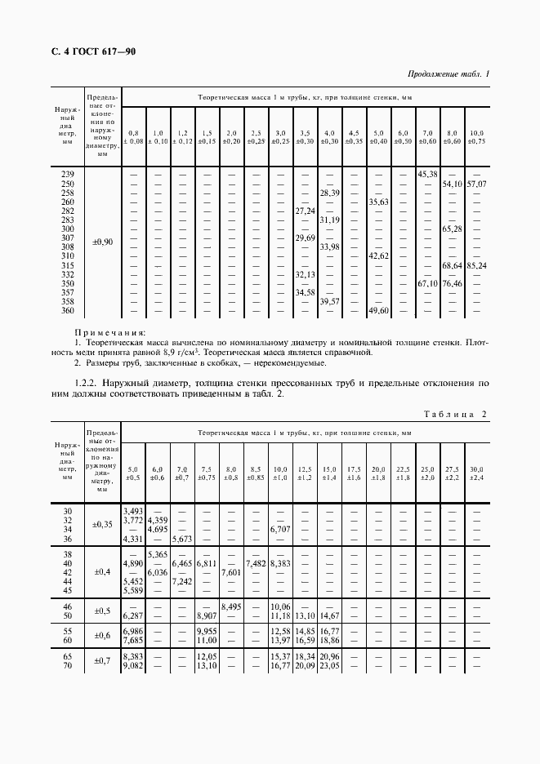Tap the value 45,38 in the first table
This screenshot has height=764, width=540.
pyautogui.click(x=427, y=174)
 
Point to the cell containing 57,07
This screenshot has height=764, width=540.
pyautogui.click(x=475, y=184)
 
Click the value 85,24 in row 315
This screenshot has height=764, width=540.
pyautogui.click(x=475, y=265)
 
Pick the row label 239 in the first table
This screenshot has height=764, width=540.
pyautogui.click(x=68, y=174)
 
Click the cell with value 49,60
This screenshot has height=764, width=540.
pyautogui.click(x=378, y=311)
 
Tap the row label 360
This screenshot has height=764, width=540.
pyautogui.click(x=68, y=311)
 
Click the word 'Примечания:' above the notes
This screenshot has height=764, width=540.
pyautogui.click(x=109, y=332)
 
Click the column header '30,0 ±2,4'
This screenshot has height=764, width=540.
pyautogui.click(x=476, y=473)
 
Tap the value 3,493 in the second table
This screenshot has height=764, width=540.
pyautogui.click(x=132, y=510)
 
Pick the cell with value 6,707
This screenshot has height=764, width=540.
pyautogui.click(x=279, y=529)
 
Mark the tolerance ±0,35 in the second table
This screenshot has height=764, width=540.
pyautogui.click(x=103, y=524)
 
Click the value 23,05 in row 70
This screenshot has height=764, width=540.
pyautogui.click(x=329, y=666)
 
